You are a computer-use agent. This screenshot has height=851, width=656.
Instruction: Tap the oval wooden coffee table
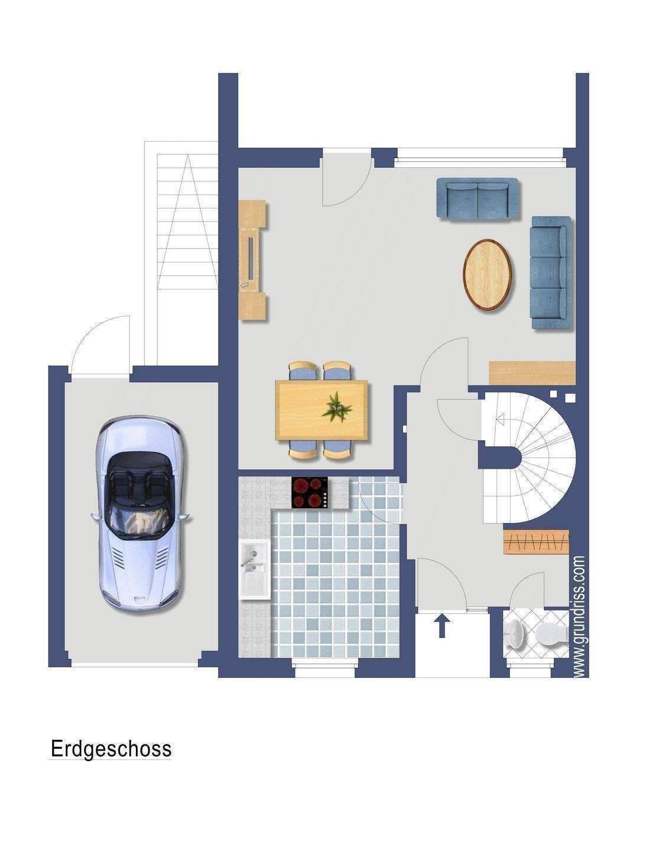[x=487, y=275]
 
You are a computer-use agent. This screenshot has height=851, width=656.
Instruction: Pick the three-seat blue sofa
[x=550, y=272]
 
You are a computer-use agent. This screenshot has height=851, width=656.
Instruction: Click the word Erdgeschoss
[x=111, y=749]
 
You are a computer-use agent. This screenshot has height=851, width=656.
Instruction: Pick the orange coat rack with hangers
[x=536, y=542]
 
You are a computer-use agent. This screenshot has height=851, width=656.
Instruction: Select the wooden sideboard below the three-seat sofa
[x=532, y=373]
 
